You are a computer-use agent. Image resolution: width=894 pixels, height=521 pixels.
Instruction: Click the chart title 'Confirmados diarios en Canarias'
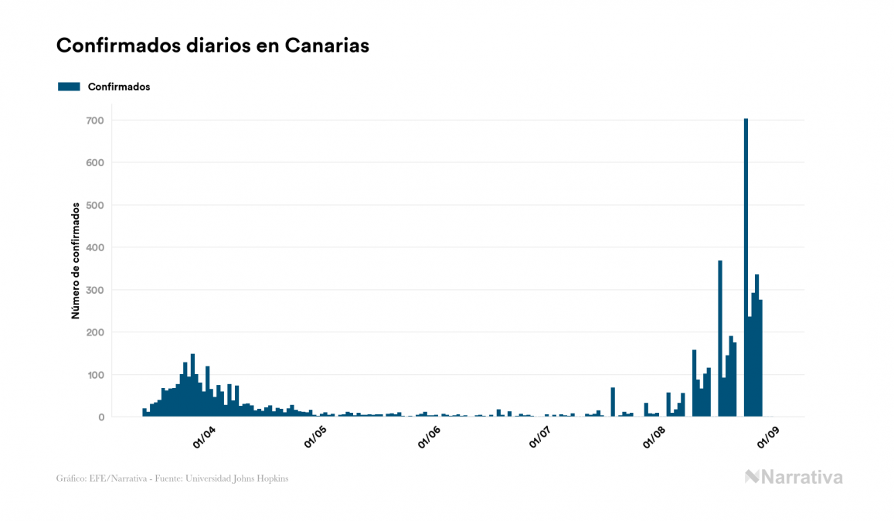pyautogui.click(x=212, y=46)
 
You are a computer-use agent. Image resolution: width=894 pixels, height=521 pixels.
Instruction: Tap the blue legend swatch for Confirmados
pyautogui.click(x=69, y=87)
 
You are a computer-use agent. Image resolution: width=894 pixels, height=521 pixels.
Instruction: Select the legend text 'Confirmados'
pyautogui.click(x=119, y=87)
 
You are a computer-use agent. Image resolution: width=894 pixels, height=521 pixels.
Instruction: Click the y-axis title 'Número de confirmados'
pyautogui.click(x=76, y=261)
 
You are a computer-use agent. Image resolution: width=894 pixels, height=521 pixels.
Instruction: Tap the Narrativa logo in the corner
pyautogui.click(x=794, y=477)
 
